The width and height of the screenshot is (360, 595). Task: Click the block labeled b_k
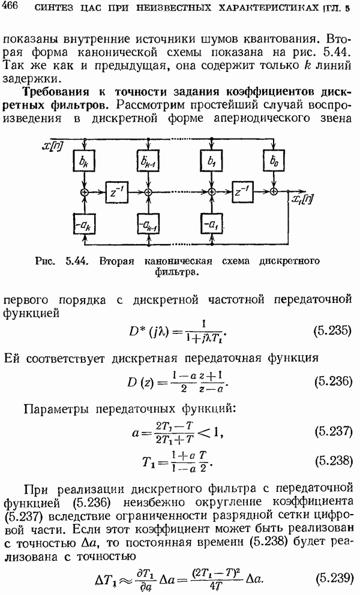[83, 162]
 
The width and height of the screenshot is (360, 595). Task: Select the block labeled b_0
[274, 162]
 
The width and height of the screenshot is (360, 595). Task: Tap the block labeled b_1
[211, 162]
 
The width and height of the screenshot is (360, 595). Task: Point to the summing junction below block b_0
[274, 191]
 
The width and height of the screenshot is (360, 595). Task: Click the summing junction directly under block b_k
[83, 191]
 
